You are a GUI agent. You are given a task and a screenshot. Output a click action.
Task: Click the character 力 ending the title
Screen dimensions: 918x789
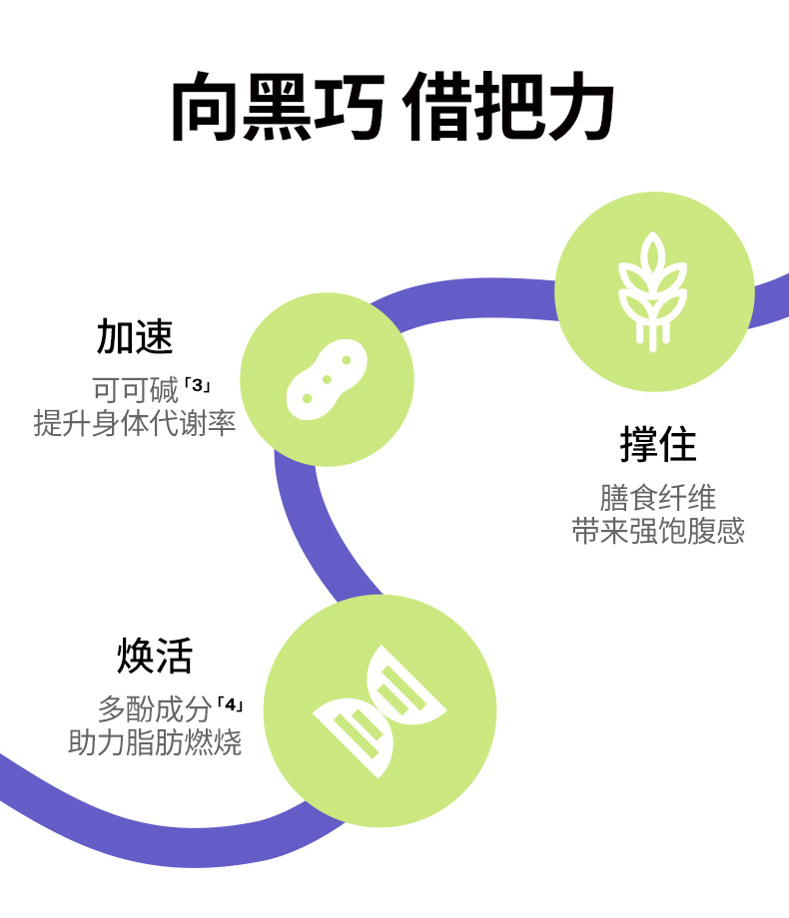(x=579, y=106)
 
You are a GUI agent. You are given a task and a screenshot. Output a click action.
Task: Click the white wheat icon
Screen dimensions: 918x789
(x=653, y=290)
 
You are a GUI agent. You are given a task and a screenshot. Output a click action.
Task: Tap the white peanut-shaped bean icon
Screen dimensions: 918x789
(x=327, y=379)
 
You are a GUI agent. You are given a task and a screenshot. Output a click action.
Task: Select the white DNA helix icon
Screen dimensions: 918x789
(x=380, y=710)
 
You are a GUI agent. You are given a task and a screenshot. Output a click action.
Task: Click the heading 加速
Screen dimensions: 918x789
(x=135, y=337)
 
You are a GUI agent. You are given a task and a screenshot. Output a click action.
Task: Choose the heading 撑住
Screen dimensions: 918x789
(x=657, y=445)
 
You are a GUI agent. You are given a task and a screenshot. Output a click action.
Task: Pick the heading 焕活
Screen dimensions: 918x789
(x=155, y=657)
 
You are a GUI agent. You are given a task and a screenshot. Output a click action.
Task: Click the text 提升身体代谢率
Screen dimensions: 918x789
(x=135, y=422)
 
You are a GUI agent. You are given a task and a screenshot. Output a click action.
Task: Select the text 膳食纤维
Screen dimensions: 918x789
(x=657, y=497)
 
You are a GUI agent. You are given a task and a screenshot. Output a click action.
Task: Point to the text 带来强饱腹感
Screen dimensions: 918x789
(x=657, y=530)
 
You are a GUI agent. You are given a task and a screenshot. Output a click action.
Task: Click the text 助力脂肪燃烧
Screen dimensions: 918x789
(x=155, y=742)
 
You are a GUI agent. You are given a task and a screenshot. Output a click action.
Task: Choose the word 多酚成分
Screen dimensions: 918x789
(x=155, y=710)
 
